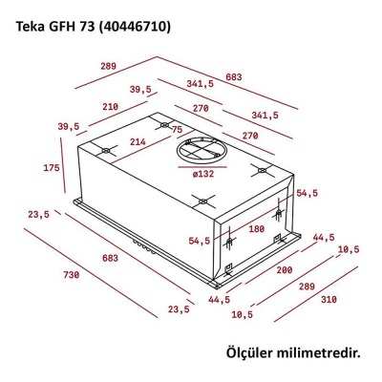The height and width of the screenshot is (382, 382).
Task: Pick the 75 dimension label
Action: click(177, 130)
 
